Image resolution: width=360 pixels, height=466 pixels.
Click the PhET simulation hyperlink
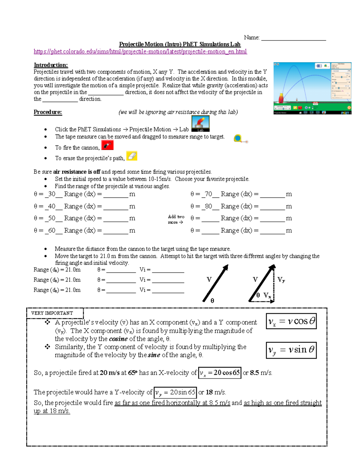pyautogui.click(x=140, y=52)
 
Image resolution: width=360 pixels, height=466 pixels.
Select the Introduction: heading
pyautogui.click(x=51, y=65)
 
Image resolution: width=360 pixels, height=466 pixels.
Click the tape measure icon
pyautogui.click(x=239, y=139)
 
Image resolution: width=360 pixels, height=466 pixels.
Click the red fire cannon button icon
pyautogui.click(x=107, y=146)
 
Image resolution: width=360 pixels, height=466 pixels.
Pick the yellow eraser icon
pyautogui.click(x=132, y=156)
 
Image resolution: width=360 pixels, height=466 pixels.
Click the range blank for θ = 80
pyautogui.click(x=272, y=207)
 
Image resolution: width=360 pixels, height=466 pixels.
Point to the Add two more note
pyautogui.click(x=176, y=219)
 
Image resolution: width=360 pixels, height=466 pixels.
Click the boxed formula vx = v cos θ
pyautogui.click(x=291, y=321)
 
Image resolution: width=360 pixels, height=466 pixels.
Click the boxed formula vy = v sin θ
pyautogui.click(x=291, y=350)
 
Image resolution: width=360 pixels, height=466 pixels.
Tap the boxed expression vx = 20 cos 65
pyautogui.click(x=220, y=373)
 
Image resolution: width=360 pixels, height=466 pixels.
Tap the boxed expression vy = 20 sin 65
pyautogui.click(x=175, y=392)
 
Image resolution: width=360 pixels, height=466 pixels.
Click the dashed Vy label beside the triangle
pyautogui.click(x=281, y=280)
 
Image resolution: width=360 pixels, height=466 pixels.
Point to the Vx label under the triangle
pyautogui.click(x=267, y=296)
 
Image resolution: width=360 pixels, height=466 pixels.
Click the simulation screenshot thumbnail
pyautogui.click(x=312, y=88)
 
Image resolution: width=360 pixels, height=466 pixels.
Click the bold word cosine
pyautogui.click(x=118, y=339)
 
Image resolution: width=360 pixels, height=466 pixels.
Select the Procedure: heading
pyautogui.click(x=48, y=112)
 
